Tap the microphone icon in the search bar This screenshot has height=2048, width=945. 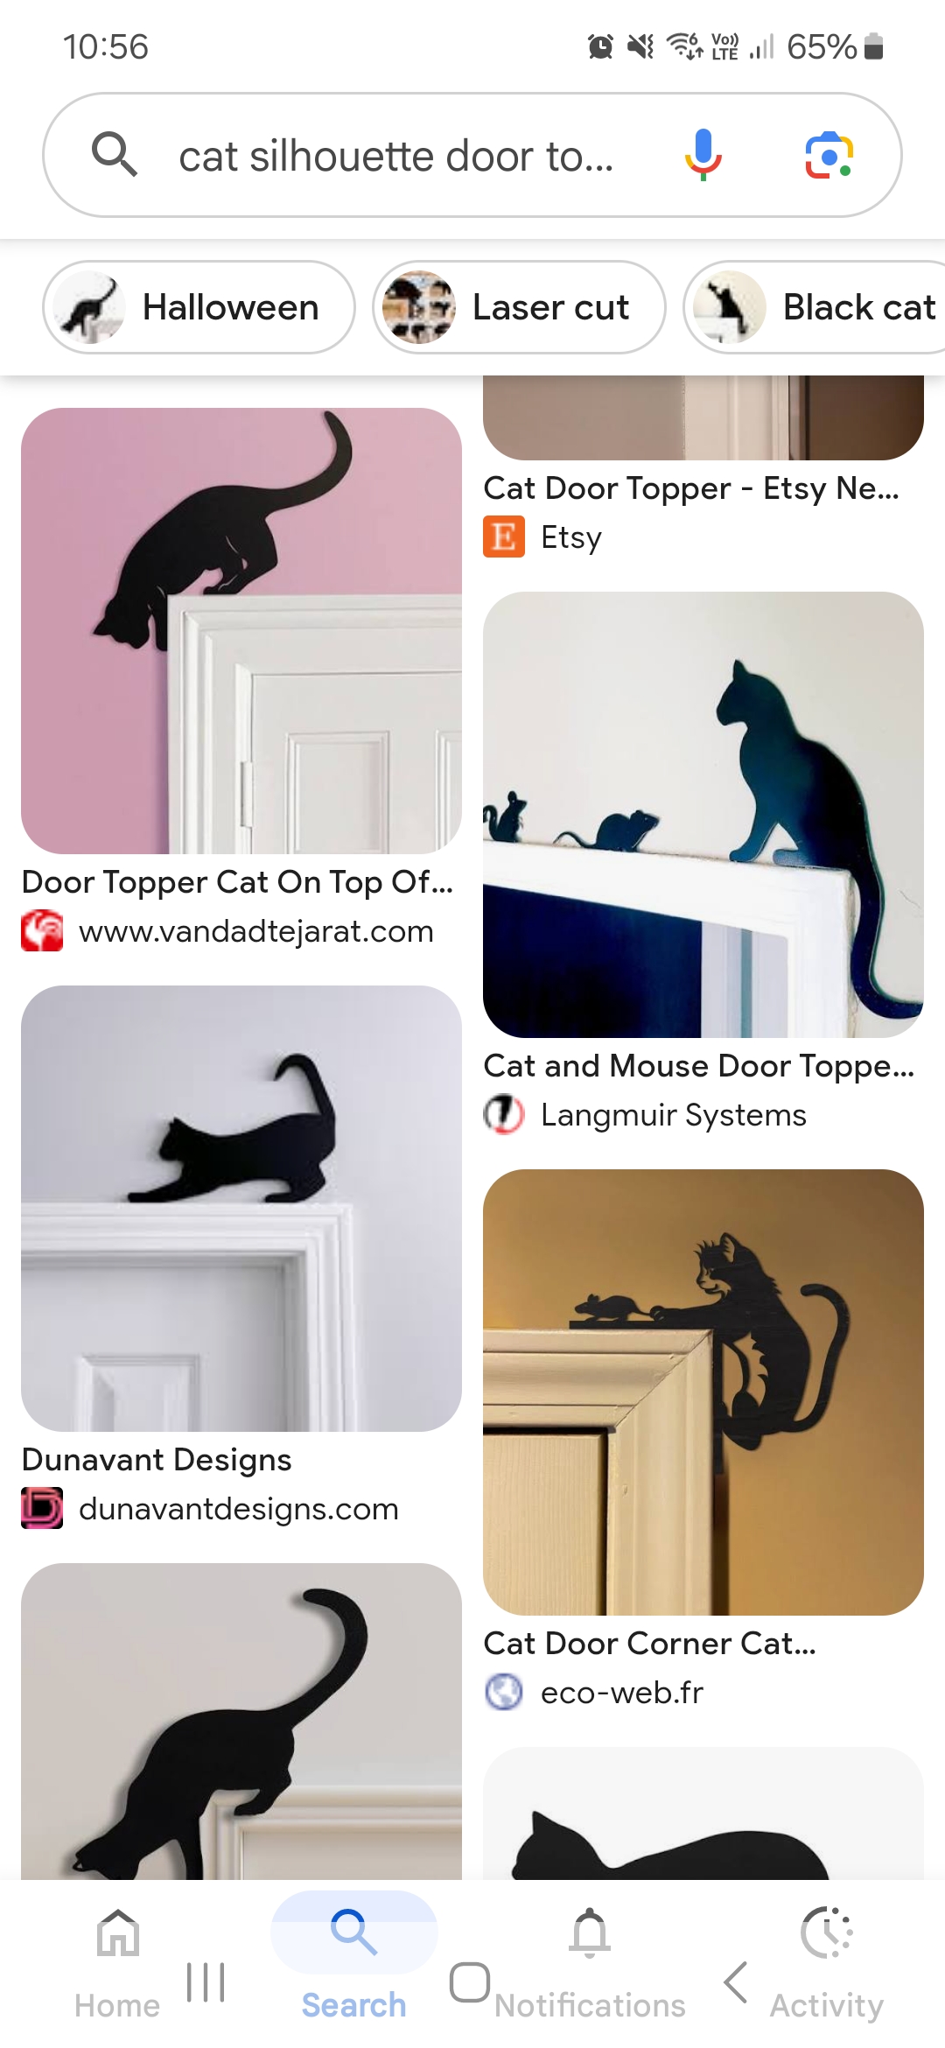coord(703,155)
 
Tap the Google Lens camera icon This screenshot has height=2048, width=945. coord(829,156)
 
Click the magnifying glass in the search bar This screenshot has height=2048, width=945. coord(115,155)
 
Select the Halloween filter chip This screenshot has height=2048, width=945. coord(199,307)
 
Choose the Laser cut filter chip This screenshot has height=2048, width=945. coord(519,307)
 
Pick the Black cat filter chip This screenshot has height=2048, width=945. coord(815,307)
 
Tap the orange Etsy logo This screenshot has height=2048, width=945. coord(504,537)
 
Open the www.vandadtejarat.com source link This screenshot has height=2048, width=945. coord(255,931)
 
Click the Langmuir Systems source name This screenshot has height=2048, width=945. coord(674,1115)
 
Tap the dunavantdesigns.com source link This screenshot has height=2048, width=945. coord(239,1509)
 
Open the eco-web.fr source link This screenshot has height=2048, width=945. coord(622,1693)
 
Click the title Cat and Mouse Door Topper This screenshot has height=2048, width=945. coord(699,1066)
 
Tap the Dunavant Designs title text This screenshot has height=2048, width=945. coord(157,1460)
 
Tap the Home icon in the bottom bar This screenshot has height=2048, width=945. coord(118,1932)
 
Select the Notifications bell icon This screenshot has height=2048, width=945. coord(591,1932)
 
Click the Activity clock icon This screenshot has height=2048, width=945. coord(827,1932)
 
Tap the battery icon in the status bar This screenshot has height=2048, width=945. coord(873,46)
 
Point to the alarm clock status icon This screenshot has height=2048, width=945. coord(600,46)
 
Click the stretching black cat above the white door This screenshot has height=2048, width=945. coord(236,1129)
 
